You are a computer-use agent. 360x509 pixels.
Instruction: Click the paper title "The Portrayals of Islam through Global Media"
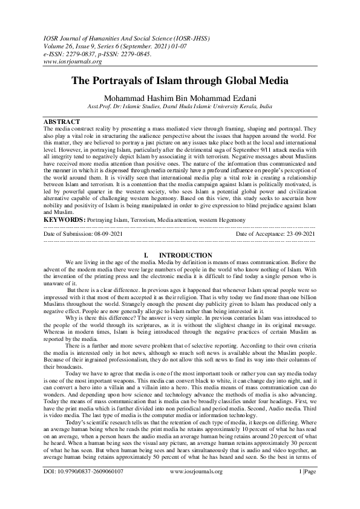(x=180, y=80)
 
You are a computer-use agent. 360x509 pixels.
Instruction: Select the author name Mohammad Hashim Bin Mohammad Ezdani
(x=180, y=95)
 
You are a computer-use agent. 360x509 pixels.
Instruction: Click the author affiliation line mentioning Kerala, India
(x=180, y=104)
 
